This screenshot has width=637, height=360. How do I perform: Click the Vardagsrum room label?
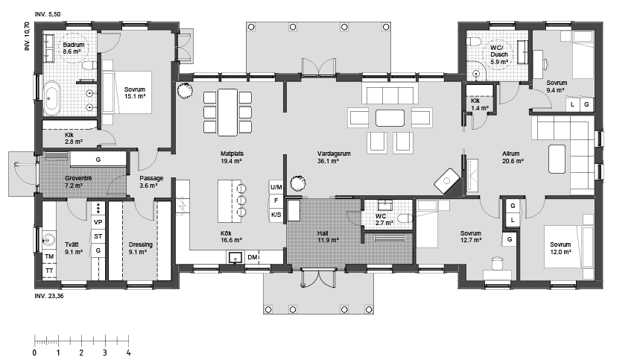point(334,157)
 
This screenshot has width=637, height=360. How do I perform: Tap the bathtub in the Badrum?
point(52,98)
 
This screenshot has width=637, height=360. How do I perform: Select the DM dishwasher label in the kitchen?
point(253,257)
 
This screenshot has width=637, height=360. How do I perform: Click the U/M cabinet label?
point(276,187)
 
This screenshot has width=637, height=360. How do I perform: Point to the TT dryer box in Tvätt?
point(49,271)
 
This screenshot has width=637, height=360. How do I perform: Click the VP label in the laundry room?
point(98,222)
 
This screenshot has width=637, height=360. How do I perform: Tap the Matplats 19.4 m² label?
point(232,157)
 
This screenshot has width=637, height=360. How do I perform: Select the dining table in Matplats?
point(227,112)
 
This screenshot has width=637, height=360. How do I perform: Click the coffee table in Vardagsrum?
point(390,118)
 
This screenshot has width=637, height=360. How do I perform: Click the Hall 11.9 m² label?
point(328,236)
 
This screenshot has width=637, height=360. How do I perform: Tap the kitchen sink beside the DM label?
point(235,257)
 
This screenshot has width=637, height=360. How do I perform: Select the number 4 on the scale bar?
point(129,353)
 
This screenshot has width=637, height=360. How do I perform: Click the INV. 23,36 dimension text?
point(49,296)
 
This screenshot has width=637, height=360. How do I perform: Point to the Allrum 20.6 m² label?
point(513,157)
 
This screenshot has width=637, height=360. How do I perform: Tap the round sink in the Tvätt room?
point(50,240)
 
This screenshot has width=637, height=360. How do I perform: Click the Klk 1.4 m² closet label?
point(479,104)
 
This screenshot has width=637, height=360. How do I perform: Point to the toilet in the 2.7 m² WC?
point(405,219)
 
